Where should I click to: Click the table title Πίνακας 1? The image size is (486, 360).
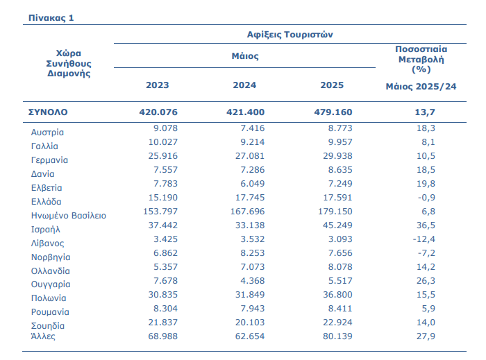51,18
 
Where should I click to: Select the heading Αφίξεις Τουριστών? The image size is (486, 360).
290,35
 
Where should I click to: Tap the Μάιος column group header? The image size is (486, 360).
245,56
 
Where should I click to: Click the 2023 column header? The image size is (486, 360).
158,85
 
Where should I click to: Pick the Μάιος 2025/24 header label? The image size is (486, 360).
421,87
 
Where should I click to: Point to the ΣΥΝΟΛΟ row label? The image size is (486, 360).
48,112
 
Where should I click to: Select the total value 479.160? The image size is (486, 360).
333,112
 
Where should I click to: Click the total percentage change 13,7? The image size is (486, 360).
425,112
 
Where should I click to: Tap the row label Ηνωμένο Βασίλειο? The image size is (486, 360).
69,216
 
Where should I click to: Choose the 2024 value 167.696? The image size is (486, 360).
247,212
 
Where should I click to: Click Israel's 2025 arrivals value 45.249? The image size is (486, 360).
337,225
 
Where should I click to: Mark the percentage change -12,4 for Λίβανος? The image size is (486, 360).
424,239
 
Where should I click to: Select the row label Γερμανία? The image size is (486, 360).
49,160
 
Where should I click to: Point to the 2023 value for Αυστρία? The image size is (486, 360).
165,128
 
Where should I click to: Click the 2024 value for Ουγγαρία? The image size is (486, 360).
253,281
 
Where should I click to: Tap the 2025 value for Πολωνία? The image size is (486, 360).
337,295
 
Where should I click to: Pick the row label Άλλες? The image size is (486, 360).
43,336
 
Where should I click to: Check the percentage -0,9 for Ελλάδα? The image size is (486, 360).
426,198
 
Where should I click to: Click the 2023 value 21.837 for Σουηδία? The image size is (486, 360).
162,323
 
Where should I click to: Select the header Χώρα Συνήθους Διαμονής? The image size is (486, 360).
69,63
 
